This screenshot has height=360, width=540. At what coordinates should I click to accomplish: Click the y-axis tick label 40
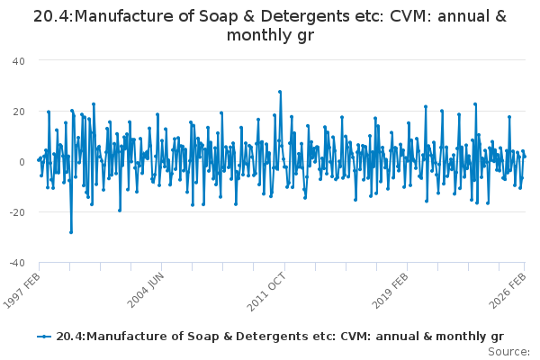point(18,60)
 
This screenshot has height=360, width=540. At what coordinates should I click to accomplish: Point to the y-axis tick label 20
point(18,111)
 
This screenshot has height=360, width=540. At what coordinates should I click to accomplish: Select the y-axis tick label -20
point(16,211)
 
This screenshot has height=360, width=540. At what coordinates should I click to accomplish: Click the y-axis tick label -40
point(16,262)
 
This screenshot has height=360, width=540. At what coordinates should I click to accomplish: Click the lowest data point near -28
point(71,232)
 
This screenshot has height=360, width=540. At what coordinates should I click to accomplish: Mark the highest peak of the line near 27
point(280,92)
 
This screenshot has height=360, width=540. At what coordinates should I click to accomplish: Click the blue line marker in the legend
point(44,336)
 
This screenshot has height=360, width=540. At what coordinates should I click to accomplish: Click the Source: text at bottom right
point(511,351)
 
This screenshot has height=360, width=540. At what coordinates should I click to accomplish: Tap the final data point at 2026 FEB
point(525,157)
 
